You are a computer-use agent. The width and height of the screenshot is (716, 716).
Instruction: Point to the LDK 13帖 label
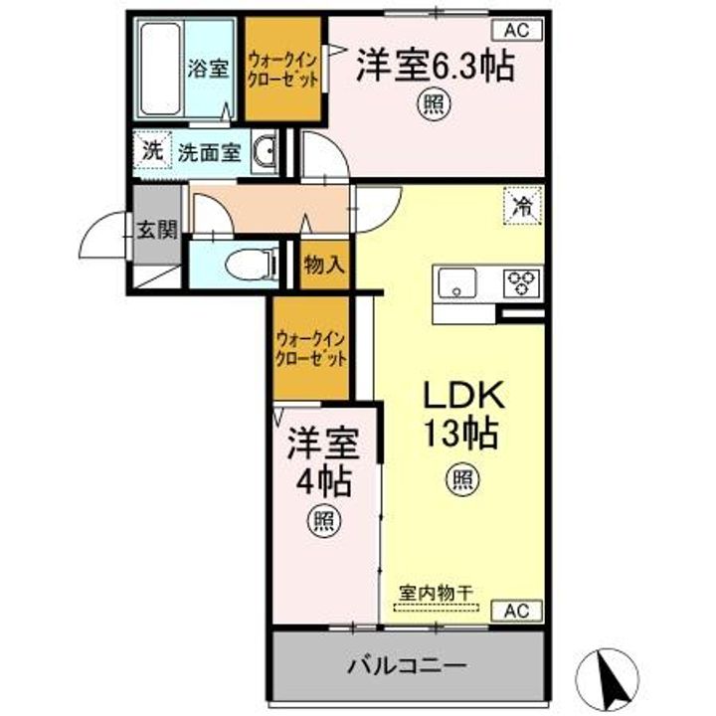(462, 417)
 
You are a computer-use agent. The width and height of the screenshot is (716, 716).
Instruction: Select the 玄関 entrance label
(156, 231)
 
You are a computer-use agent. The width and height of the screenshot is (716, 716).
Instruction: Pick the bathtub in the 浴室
(159, 68)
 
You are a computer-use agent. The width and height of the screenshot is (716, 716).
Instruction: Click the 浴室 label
(209, 69)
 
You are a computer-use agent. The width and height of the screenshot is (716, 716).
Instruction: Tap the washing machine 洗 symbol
(151, 152)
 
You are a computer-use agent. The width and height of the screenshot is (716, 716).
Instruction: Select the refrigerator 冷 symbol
(521, 208)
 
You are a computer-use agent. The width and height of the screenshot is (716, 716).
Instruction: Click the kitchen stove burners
(521, 283)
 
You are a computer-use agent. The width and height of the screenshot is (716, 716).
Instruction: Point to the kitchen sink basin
(456, 283)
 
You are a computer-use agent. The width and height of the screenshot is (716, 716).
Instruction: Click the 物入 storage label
(323, 265)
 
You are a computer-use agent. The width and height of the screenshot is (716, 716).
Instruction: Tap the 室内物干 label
(436, 591)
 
